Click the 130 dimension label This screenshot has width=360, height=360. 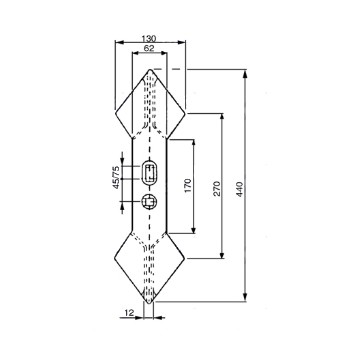tap(149, 38)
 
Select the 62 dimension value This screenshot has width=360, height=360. tap(149, 48)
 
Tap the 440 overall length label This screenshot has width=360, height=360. tap(240, 189)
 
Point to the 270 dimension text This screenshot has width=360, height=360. tap(217, 188)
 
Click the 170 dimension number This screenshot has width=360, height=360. tap(188, 186)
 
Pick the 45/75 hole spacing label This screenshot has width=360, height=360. tap(116, 177)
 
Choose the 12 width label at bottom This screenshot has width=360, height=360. tap(129, 313)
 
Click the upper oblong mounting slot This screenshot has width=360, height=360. tap(149, 172)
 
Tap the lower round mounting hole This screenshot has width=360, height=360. tap(149, 201)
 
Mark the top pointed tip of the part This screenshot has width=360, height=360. tap(150, 69)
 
